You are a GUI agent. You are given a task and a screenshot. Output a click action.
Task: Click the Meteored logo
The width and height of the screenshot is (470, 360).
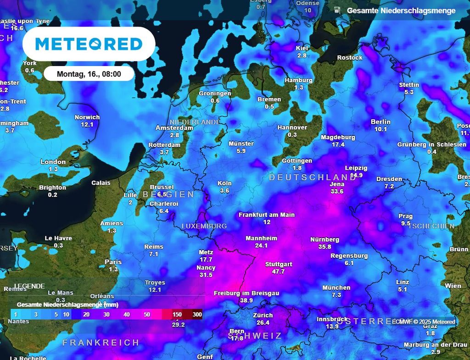pyautogui.click(x=89, y=44)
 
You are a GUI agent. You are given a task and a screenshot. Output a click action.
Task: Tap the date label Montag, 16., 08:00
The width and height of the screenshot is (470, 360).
pyautogui.click(x=89, y=74)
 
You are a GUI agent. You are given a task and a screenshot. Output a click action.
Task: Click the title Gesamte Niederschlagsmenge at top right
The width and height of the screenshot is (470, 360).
pyautogui.click(x=401, y=11)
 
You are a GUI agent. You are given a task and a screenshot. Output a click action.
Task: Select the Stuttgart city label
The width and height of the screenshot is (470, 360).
pyautogui.click(x=279, y=265)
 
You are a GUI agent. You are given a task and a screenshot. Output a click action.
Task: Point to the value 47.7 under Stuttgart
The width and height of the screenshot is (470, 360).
pyautogui.click(x=279, y=271)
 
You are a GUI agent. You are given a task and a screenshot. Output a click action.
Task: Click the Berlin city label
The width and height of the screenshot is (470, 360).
pyautogui.click(x=380, y=122)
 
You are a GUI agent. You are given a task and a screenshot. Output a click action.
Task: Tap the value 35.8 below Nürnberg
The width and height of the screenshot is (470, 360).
pyautogui.click(x=325, y=247)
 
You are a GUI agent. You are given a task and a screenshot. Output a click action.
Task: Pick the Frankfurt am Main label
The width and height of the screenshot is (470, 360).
pyautogui.click(x=267, y=215)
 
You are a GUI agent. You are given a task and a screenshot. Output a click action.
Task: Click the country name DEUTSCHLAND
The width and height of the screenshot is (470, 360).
pyautogui.click(x=313, y=177)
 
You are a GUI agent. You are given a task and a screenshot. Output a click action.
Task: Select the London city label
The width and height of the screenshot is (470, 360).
pyautogui.click(x=53, y=162)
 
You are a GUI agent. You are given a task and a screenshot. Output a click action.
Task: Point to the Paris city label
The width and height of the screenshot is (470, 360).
pyautogui.click(x=113, y=262)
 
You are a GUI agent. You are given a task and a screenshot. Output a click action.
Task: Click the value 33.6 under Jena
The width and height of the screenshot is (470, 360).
pyautogui.click(x=337, y=191)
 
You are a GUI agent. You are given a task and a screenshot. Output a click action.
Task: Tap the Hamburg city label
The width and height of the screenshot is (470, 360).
pyautogui.click(x=298, y=80)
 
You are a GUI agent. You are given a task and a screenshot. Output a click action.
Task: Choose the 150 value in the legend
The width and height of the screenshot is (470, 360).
pyautogui.click(x=177, y=315)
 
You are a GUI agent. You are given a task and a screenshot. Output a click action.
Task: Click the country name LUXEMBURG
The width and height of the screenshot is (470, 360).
pyautogui.click(x=204, y=226)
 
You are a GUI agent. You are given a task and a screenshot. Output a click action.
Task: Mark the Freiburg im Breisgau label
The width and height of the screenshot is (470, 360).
pyautogui.click(x=246, y=293)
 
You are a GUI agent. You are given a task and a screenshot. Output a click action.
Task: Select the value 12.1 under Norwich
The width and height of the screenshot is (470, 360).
pyautogui.click(x=87, y=124)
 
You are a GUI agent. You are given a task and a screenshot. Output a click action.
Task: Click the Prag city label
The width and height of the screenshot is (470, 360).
pyautogui.click(x=405, y=216)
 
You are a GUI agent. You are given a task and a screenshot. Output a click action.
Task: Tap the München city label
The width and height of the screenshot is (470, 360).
pyautogui.click(x=336, y=288)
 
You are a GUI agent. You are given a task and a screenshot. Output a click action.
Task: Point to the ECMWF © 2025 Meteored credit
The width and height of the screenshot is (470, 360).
pyautogui.click(x=423, y=321)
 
